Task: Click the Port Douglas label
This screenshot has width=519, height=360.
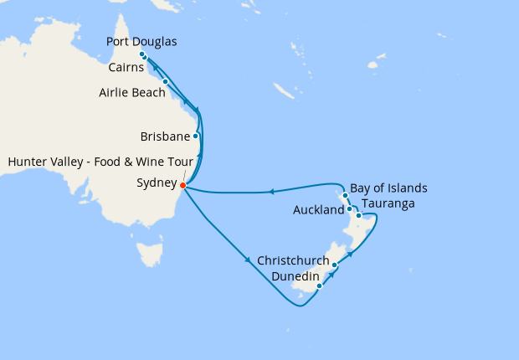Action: pyautogui.click(x=142, y=42)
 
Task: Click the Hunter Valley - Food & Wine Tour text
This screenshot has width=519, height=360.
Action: pyautogui.click(x=100, y=160)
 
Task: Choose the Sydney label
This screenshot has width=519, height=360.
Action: pyautogui.click(x=156, y=183)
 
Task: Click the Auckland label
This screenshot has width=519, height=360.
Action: pyautogui.click(x=319, y=210)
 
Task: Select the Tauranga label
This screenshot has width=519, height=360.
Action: pyautogui.click(x=388, y=203)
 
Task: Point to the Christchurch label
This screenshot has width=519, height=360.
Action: pyautogui.click(x=294, y=260)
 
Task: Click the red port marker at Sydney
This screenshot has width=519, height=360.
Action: pyautogui.click(x=182, y=186)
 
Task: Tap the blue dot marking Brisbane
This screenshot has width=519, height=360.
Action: pyautogui.click(x=196, y=135)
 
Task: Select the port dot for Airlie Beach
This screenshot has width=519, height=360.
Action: pyautogui.click(x=166, y=81)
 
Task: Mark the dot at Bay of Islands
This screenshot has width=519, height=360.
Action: pyautogui.click(x=345, y=195)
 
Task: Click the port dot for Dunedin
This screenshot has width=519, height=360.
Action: pyautogui.click(x=319, y=286)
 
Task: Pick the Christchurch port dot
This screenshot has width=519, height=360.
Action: pyautogui.click(x=334, y=265)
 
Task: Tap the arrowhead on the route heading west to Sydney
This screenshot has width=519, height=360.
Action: pyautogui.click(x=271, y=192)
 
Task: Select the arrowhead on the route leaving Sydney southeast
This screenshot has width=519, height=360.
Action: pyautogui.click(x=249, y=261)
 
